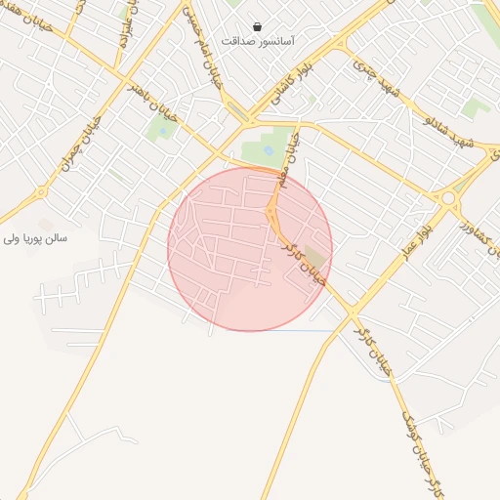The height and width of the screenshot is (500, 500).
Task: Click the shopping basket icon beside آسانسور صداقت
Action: [x=257, y=27]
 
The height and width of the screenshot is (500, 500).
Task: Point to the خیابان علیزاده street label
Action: [x=124, y=29]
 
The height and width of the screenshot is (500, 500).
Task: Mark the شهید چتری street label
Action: [x=378, y=82]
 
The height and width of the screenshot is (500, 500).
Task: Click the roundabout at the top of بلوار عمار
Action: [x=448, y=198]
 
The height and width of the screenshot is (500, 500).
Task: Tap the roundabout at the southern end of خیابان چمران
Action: [x=42, y=194]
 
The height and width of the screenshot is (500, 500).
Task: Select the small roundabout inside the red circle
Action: [x=271, y=210]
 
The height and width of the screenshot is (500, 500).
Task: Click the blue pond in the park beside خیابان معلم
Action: [x=269, y=149]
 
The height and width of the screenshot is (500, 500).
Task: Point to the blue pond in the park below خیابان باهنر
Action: [x=162, y=123]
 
